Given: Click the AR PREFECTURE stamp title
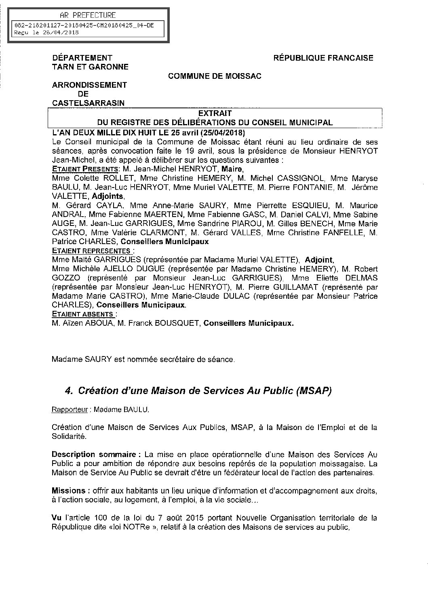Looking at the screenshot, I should coord(87,15).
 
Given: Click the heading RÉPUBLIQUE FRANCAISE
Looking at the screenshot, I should coord(323,58).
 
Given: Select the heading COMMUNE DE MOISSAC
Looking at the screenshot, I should coord(215,76).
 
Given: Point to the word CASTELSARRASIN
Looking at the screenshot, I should coord(88,103).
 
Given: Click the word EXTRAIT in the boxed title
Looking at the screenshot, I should coord(215,114).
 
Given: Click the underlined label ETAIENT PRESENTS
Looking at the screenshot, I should coord(86,169).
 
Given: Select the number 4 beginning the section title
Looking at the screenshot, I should coord(68,391).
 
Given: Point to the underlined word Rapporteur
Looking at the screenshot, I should coord(70,410).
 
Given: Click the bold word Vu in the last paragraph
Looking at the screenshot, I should coord(56,518).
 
